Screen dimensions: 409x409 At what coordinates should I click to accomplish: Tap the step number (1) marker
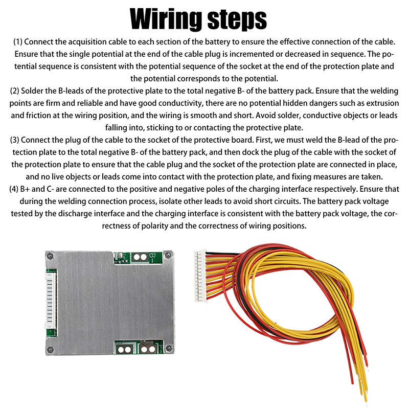[x=18, y=42]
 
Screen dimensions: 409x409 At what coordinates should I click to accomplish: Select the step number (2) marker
[x=14, y=91]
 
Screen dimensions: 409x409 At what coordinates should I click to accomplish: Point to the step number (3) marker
[x=14, y=140]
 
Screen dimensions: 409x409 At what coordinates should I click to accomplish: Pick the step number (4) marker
[x=14, y=189]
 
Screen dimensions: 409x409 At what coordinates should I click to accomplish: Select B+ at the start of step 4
[x=25, y=189]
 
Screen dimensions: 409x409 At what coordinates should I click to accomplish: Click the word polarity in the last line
[x=155, y=225]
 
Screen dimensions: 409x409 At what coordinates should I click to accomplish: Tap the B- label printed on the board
[x=152, y=257]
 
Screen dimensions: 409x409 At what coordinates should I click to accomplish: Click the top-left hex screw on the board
[x=50, y=257]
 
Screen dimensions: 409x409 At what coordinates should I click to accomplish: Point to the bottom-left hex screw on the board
[x=50, y=349]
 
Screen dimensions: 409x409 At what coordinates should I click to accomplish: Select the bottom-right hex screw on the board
[x=169, y=348]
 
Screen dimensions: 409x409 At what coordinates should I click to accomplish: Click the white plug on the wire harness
[x=200, y=277]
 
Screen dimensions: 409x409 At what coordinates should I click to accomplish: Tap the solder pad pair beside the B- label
[x=140, y=258]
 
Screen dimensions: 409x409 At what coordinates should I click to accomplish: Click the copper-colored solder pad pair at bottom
[x=148, y=349]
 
